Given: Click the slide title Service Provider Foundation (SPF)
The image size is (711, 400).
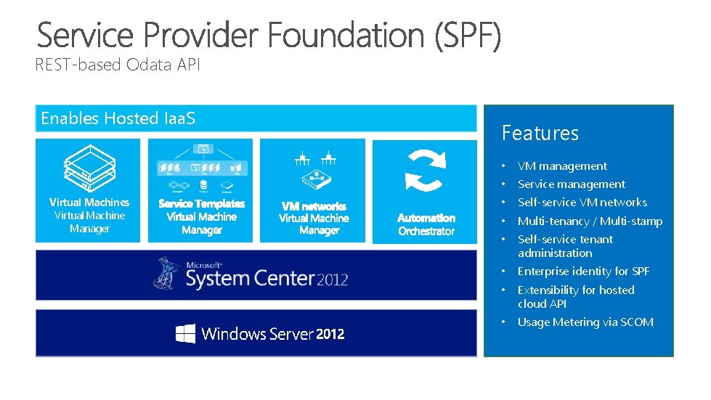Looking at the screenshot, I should click(269, 36).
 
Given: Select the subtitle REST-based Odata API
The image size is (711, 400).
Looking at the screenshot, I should click(118, 65).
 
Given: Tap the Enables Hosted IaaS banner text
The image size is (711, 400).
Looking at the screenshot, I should click(118, 118).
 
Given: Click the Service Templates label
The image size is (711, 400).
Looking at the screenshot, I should click(201, 204).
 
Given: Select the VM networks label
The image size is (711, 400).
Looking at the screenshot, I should click(314, 206).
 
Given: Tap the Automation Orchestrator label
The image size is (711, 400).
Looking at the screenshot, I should click(426, 224).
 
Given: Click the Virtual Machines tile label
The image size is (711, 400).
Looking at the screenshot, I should click(89, 203).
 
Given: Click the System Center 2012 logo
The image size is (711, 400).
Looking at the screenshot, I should click(251, 274).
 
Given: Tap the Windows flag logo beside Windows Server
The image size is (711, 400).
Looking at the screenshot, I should click(185, 333).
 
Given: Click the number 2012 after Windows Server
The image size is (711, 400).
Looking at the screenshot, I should click(330, 334).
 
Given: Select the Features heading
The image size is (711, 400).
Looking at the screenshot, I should click(540, 133).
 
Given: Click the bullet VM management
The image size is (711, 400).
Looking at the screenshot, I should click(562, 166).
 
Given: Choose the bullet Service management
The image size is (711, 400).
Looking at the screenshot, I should click(571, 184).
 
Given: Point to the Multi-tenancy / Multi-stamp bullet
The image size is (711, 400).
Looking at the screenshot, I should click(590, 221).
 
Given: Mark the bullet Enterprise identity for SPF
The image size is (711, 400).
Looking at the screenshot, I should click(583, 272).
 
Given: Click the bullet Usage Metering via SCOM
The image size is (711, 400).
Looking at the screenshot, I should click(585, 322).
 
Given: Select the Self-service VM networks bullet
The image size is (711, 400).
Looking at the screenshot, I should click(582, 203).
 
